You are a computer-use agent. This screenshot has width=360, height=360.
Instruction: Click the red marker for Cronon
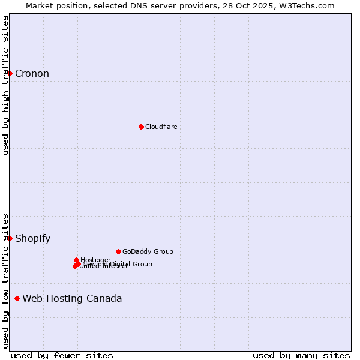10,73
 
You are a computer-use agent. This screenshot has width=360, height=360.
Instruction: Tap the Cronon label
32,74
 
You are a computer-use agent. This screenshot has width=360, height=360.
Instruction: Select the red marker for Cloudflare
141,127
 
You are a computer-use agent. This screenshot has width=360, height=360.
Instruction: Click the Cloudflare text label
161,127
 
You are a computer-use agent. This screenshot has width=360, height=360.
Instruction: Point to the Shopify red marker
10,238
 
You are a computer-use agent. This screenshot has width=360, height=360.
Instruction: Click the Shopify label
32,239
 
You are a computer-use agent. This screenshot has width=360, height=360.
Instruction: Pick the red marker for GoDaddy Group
118,251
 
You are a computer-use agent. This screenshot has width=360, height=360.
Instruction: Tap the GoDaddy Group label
147,251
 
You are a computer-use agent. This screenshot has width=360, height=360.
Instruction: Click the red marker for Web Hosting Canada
17,298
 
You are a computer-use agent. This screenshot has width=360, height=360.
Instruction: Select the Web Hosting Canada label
72,299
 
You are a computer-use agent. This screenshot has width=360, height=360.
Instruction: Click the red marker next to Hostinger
76,260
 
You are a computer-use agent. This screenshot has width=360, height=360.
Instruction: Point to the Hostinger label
95,260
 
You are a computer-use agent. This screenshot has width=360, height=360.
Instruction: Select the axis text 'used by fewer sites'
62,355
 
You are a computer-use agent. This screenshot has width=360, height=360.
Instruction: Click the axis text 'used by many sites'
301,355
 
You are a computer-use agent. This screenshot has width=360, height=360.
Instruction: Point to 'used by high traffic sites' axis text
5,85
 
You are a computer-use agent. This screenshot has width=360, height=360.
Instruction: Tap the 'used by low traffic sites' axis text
5,280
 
